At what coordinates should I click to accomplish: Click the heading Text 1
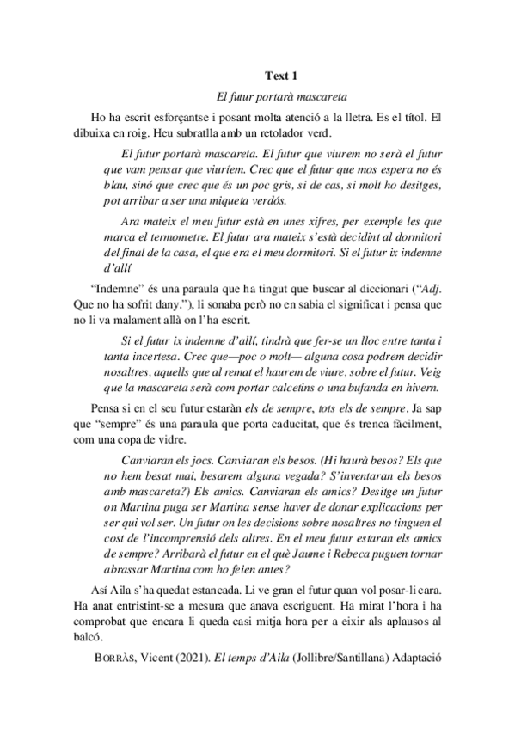[282, 79]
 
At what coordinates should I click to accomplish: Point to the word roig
[156, 133]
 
